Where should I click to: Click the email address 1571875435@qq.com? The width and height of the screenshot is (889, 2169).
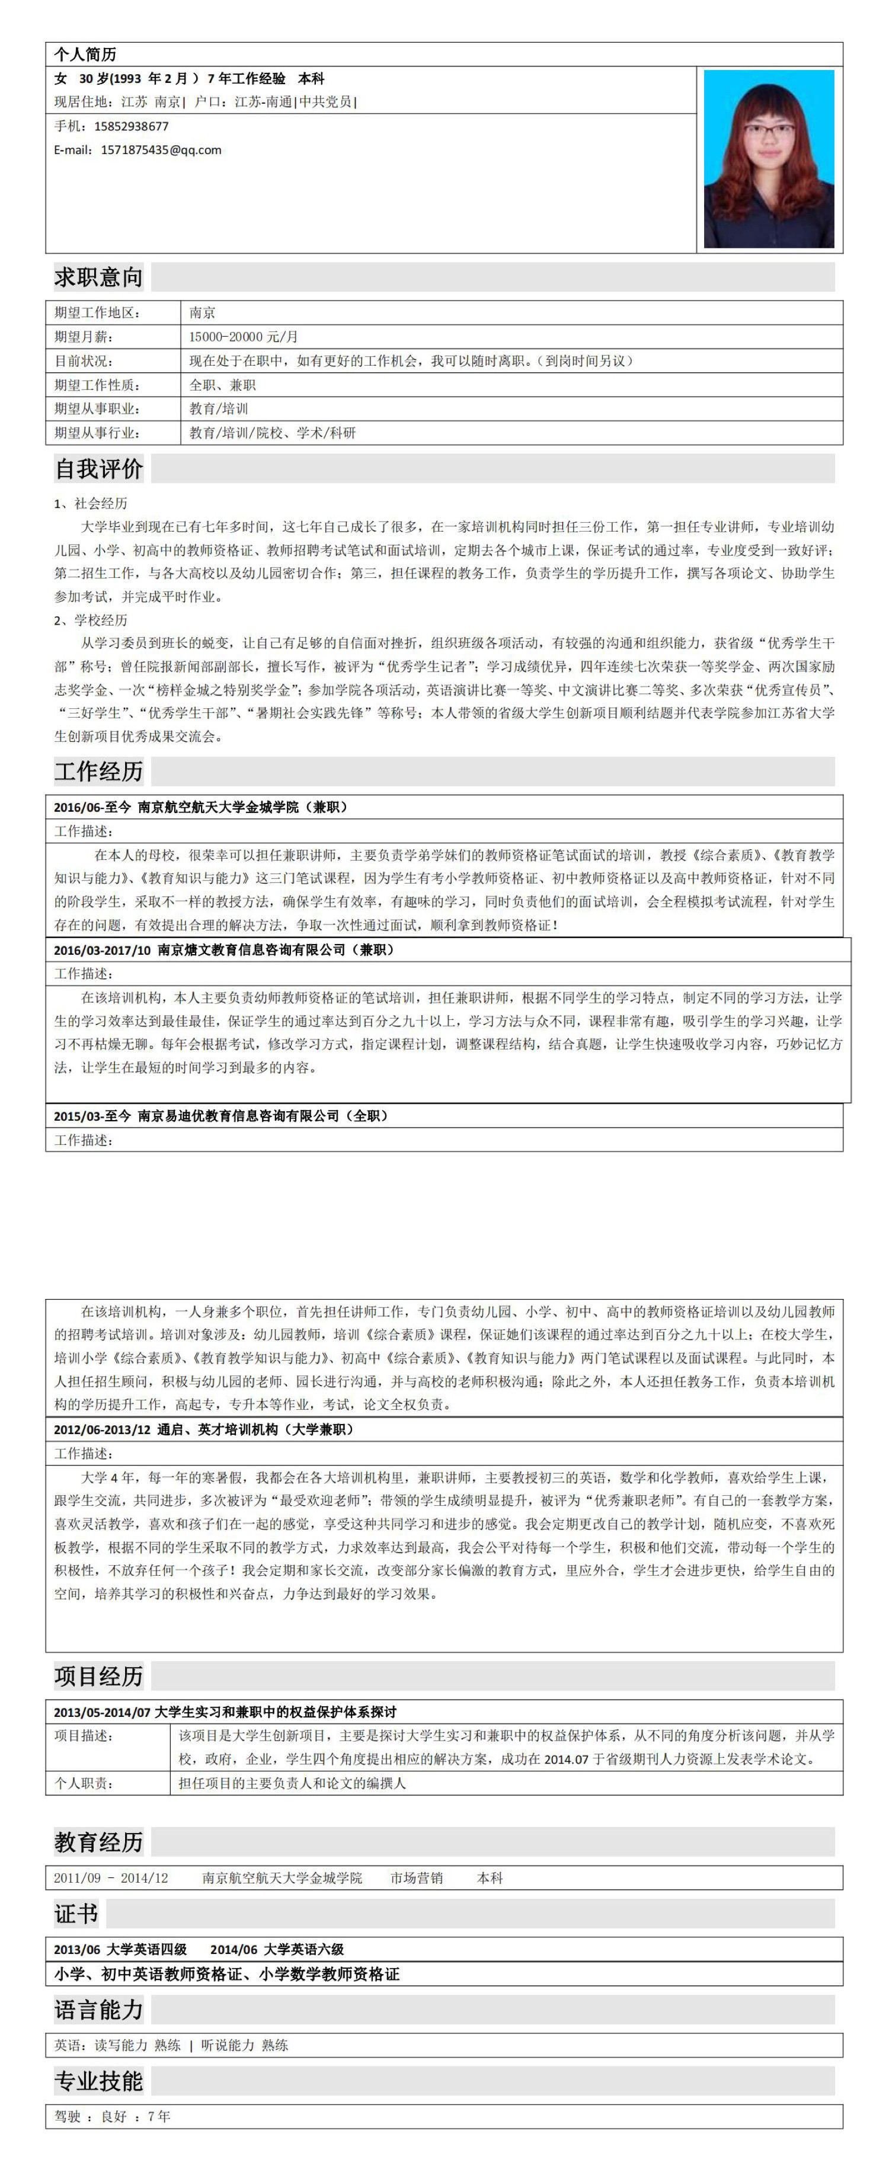point(161,150)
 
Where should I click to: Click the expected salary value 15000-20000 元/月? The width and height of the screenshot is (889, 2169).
point(244,337)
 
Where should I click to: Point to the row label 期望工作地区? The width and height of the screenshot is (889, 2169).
point(97,312)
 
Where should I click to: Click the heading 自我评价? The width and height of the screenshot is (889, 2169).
point(98,468)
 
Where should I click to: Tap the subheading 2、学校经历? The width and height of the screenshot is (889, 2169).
point(91,620)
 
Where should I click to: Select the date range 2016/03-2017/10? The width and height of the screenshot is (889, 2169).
point(102,950)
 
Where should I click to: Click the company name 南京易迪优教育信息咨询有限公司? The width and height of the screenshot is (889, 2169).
point(238,1116)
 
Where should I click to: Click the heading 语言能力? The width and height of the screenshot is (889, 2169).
point(98,2011)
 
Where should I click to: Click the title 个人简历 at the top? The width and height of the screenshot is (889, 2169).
point(85,55)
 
